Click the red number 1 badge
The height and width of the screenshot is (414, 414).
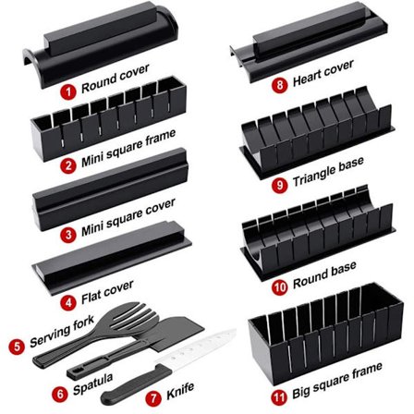[68, 91]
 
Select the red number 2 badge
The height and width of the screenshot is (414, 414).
[68, 167]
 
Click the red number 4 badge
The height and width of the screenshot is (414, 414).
[68, 301]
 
